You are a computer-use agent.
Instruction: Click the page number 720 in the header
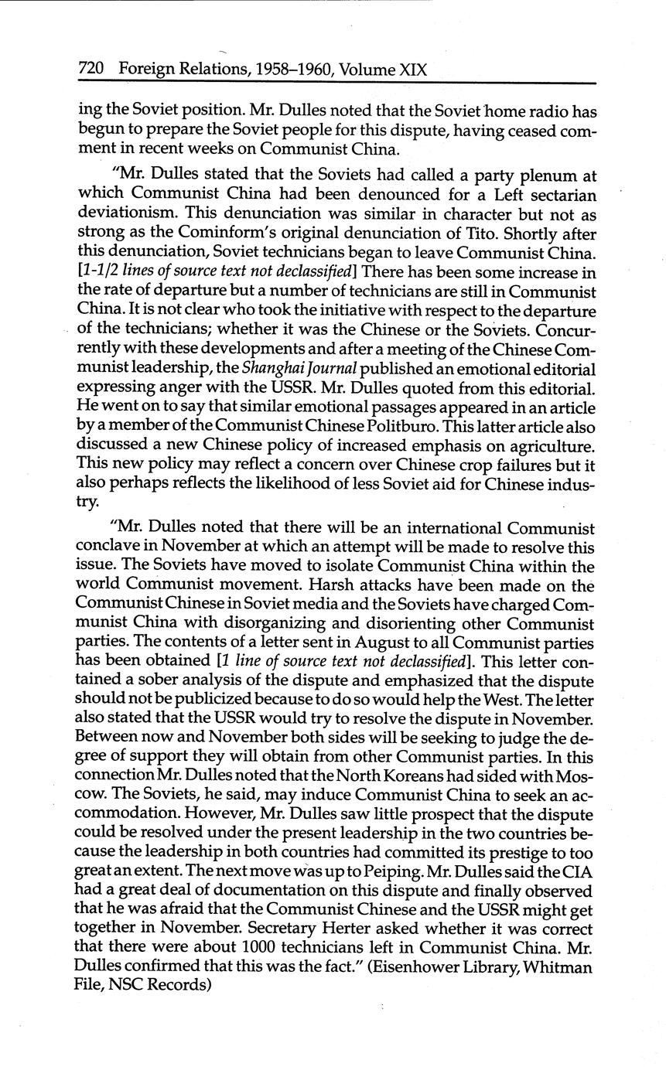pos(91,70)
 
